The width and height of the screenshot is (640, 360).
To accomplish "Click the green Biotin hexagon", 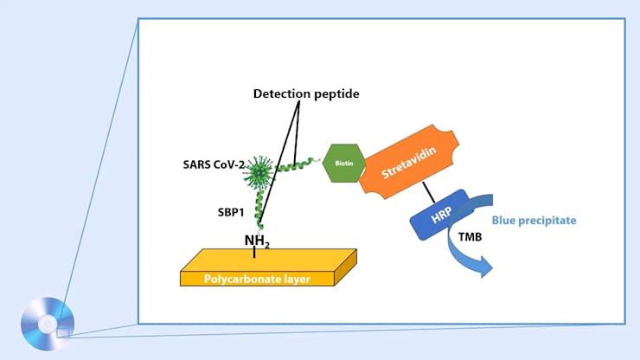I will click(x=343, y=162).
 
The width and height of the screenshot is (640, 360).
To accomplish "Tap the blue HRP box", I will click(x=438, y=215).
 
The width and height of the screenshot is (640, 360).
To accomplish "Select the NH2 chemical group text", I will click(x=257, y=241).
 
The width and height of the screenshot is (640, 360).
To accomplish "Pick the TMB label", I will click(x=470, y=236).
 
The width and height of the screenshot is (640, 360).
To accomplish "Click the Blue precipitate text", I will click(x=534, y=221).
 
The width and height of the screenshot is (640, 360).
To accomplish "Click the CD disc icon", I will click(x=48, y=324).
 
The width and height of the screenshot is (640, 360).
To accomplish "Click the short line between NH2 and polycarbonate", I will click(x=254, y=254).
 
